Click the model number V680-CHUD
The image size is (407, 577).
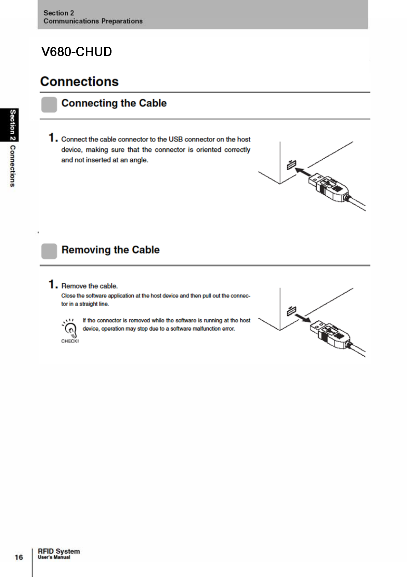(x=77, y=52)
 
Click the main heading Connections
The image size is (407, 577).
(x=79, y=82)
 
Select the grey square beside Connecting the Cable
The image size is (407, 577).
(x=49, y=105)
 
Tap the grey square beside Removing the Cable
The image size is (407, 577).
(x=49, y=251)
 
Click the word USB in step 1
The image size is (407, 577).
(x=175, y=139)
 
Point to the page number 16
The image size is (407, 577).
(x=19, y=557)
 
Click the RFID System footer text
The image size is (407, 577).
(x=59, y=551)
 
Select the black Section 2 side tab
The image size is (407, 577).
(x=13, y=125)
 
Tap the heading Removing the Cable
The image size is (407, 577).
(x=110, y=250)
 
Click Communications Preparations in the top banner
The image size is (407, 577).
(x=93, y=21)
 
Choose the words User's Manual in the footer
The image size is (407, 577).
(x=54, y=557)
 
